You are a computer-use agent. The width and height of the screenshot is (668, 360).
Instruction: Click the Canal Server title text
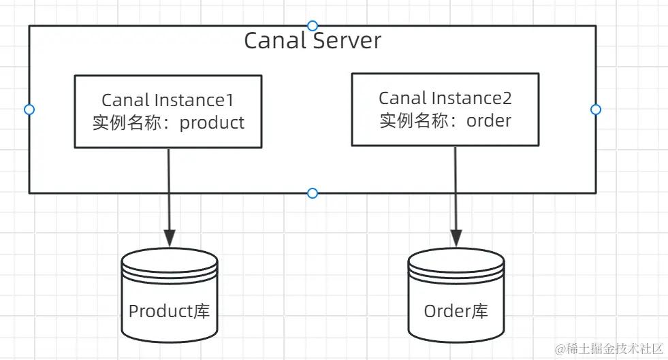pyautogui.click(x=313, y=41)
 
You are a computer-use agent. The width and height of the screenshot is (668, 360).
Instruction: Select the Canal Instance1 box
pyautogui.click(x=168, y=112)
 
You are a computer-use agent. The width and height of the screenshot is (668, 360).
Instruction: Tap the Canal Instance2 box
pyautogui.click(x=445, y=110)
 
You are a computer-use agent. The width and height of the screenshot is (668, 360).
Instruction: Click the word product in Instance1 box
pyautogui.click(x=212, y=122)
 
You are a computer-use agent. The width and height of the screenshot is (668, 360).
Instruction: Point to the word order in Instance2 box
pyautogui.click(x=488, y=120)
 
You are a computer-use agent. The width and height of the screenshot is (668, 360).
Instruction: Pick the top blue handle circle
pyautogui.click(x=313, y=26)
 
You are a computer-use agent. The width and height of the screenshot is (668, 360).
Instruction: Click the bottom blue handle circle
pyautogui.click(x=313, y=193)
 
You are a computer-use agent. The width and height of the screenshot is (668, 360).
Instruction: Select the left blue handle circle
pyautogui.click(x=29, y=110)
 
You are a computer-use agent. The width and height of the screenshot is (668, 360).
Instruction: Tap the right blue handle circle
pyautogui.click(x=596, y=110)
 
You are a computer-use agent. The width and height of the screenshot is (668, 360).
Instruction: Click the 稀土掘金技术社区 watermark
pyautogui.click(x=609, y=349)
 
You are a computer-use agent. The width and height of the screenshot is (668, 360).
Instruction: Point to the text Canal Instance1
pyautogui.click(x=168, y=100)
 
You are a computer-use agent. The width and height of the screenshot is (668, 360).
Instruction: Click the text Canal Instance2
pyautogui.click(x=445, y=98)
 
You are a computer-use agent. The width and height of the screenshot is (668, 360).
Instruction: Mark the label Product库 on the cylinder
pyautogui.click(x=169, y=312)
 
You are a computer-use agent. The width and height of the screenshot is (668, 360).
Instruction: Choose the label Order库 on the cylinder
pyautogui.click(x=456, y=312)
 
